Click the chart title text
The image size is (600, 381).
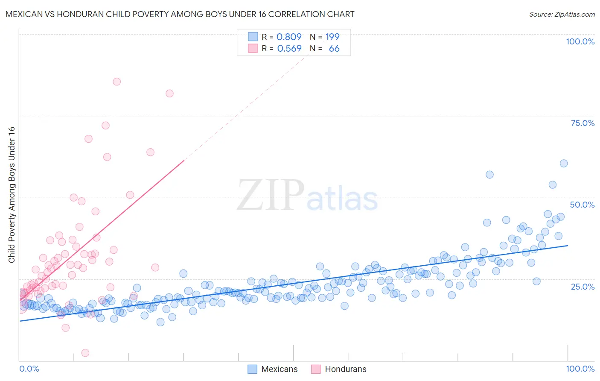(180, 14)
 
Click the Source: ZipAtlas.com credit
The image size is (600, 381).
(562, 14)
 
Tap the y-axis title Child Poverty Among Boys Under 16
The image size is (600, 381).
(12, 195)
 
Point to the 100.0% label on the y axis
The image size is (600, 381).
(580, 41)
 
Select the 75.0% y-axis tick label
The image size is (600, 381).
(583, 123)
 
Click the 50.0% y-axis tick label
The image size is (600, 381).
(582, 205)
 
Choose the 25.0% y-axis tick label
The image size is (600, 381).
(583, 286)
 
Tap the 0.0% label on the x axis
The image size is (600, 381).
(29, 369)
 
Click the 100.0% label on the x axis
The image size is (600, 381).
(580, 369)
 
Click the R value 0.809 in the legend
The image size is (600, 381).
(289, 37)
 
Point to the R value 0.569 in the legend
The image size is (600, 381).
(289, 48)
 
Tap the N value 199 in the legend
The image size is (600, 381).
(332, 37)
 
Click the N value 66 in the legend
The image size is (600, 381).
(334, 48)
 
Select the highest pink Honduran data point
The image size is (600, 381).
(117, 82)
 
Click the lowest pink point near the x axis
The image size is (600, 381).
(85, 353)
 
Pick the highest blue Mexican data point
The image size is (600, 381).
(563, 163)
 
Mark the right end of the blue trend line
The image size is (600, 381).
(568, 246)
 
